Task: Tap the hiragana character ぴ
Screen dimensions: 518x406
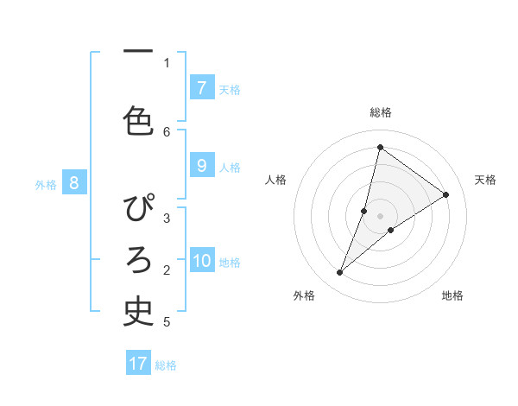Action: click(x=139, y=210)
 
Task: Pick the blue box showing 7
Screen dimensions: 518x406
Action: click(x=201, y=88)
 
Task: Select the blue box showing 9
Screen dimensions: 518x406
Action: click(x=201, y=166)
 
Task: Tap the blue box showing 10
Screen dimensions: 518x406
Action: click(x=202, y=261)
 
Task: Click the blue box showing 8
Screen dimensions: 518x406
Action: click(x=74, y=182)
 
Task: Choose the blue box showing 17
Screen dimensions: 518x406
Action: click(x=138, y=364)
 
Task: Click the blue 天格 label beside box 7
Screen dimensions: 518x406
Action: click(x=230, y=89)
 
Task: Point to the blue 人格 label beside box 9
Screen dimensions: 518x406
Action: click(x=230, y=167)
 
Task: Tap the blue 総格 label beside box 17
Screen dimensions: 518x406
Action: click(x=166, y=365)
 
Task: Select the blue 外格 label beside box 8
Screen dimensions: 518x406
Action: click(x=46, y=183)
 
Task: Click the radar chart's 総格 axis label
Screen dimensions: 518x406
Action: click(x=381, y=112)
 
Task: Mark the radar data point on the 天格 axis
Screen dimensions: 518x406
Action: click(x=446, y=194)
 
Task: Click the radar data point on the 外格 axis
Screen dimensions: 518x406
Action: click(x=339, y=273)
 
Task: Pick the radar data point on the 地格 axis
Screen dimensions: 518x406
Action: click(x=391, y=230)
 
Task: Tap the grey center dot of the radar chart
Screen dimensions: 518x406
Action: click(x=381, y=216)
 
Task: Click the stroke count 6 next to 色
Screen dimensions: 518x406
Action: click(x=167, y=131)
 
